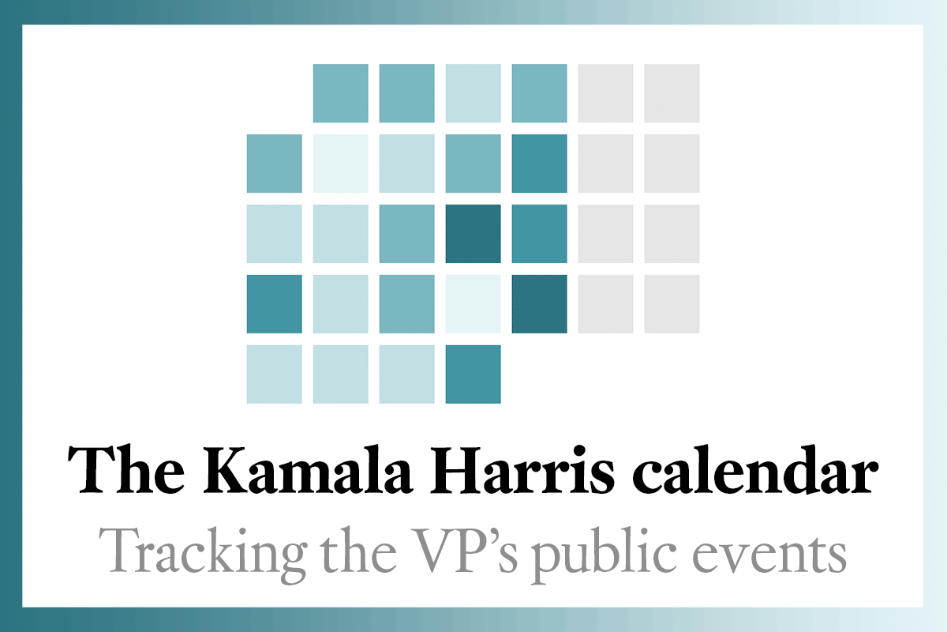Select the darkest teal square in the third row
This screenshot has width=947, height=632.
tap(473, 234)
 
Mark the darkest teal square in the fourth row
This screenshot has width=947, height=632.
tap(539, 304)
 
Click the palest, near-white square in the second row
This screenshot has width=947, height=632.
tap(340, 164)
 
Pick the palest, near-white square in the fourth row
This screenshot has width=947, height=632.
tap(473, 304)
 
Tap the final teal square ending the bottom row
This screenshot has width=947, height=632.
tap(473, 374)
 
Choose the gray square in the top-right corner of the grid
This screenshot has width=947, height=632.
tap(672, 93)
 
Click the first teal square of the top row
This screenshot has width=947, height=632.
tap(340, 93)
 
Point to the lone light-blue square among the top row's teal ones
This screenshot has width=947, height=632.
tap(473, 93)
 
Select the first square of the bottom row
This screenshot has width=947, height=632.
tap(274, 374)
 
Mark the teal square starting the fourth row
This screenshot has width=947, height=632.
tap(274, 304)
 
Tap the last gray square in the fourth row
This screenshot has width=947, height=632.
tap(672, 304)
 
